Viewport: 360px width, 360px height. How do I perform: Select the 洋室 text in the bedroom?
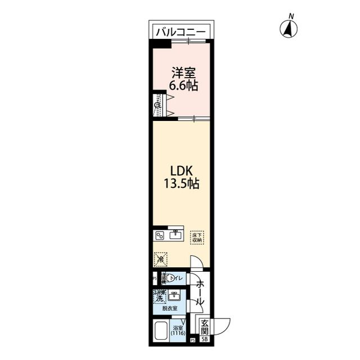pos(183,73)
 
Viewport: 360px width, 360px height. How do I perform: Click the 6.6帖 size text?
pos(183,86)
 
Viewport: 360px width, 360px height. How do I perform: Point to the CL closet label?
pos(158,105)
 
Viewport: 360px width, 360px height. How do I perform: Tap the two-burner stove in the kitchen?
pos(160,236)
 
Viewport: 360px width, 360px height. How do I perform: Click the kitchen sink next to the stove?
pos(175,235)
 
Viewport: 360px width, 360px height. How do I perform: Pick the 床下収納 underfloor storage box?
pos(196,237)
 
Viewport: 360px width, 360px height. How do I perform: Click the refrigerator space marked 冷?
pos(161,259)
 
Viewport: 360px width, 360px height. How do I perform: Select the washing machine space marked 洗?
pos(160,296)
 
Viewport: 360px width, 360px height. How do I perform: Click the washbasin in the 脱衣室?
pos(176,295)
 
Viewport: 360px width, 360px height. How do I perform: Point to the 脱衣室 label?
pos(170,309)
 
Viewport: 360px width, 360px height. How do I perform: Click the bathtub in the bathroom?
pos(161,332)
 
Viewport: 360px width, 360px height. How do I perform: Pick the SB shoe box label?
pos(205,340)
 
